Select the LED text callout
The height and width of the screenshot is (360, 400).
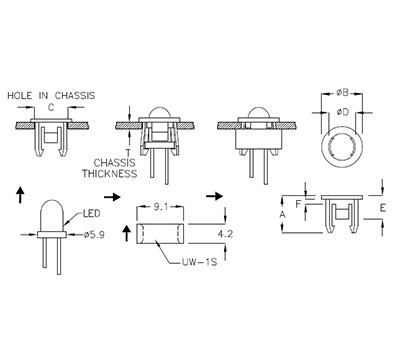pos(88,213)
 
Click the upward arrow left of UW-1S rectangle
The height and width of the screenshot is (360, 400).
pos(125,234)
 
